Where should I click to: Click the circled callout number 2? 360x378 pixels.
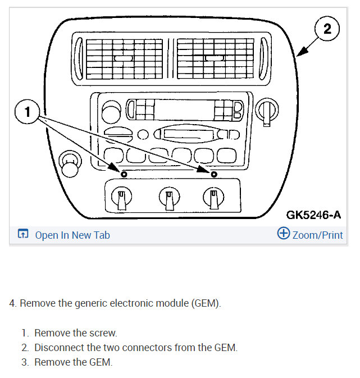pos(327,28)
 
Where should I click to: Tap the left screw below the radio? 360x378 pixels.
pos(124,174)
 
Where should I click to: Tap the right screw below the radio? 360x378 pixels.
pos(213,174)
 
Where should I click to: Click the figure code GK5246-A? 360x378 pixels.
pos(313,214)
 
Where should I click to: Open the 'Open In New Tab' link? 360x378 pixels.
pos(72,235)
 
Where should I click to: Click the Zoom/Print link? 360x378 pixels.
pos(317,235)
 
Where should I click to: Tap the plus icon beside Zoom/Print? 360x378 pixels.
pos(284,234)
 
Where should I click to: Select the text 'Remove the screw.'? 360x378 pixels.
pos(75,333)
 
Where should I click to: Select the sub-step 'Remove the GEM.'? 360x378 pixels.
pos(73,362)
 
